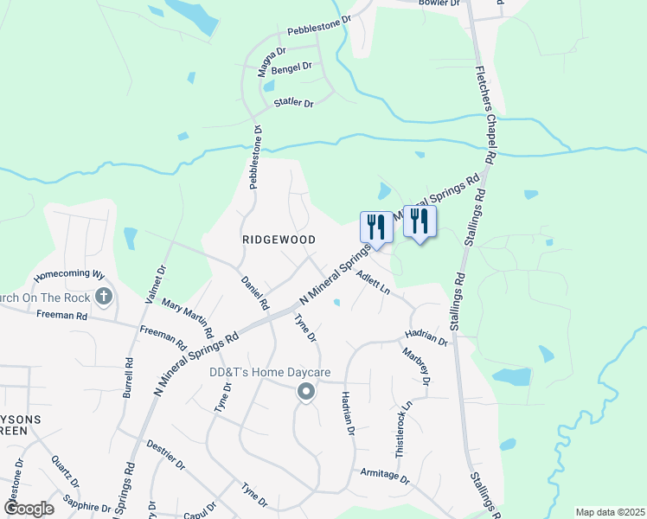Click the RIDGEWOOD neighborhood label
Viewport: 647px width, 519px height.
coord(278,239)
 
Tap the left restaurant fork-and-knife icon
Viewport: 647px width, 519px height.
coord(376,227)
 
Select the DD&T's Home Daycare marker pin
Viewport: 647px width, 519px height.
coord(305,394)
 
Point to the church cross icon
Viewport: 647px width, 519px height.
coord(103,298)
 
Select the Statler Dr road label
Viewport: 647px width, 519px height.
coord(293,103)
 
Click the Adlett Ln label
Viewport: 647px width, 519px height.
coord(374,283)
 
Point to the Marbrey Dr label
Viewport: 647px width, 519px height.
coord(417,366)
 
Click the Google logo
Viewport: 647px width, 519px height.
coord(29,508)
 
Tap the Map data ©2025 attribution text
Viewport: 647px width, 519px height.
coord(609,512)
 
